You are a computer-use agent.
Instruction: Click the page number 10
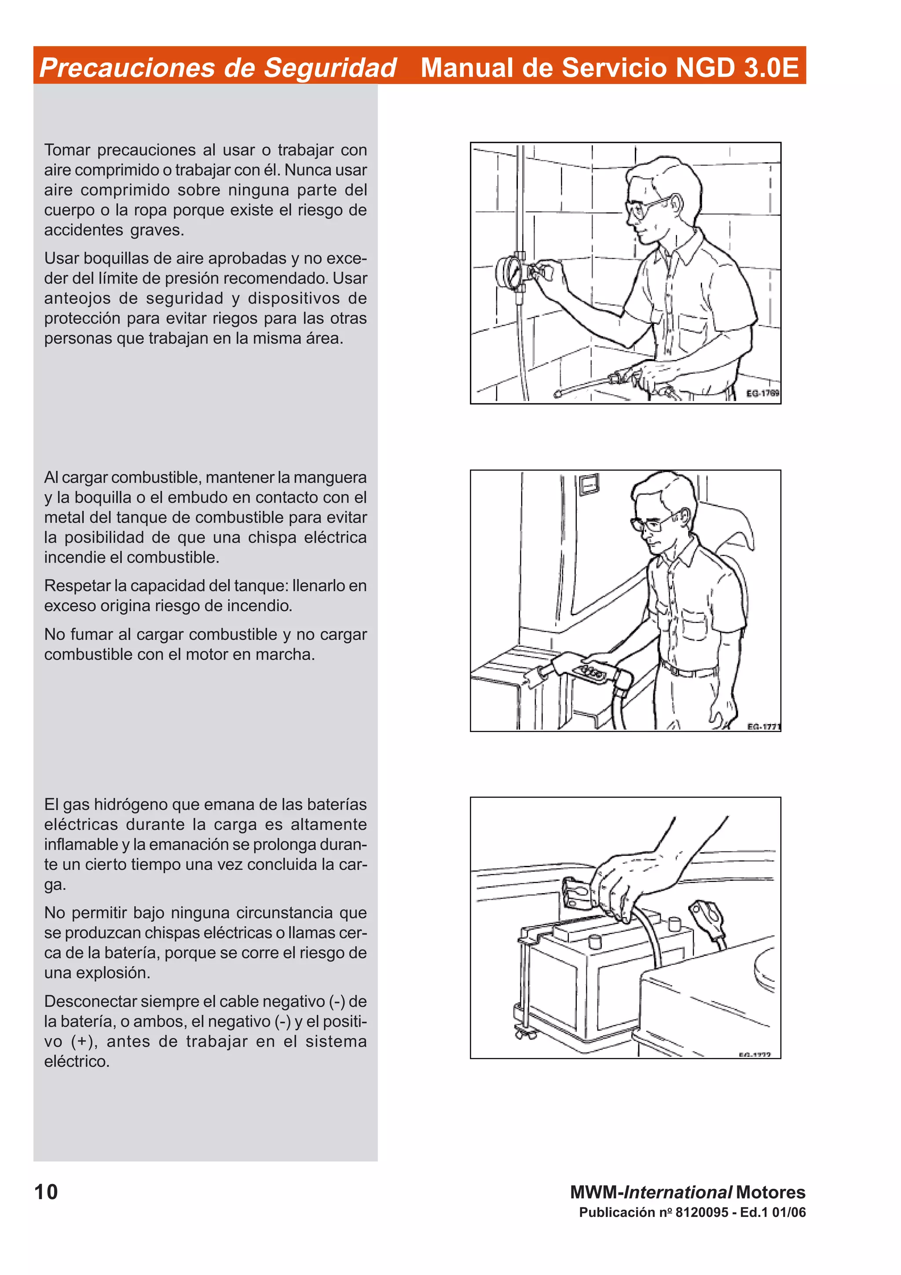coord(46,1192)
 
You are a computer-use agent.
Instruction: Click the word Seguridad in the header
coord(330,68)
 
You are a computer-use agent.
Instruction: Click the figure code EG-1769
coord(762,393)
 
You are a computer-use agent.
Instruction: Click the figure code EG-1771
coord(763,726)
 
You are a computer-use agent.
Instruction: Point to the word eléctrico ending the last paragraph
coord(77,1061)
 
